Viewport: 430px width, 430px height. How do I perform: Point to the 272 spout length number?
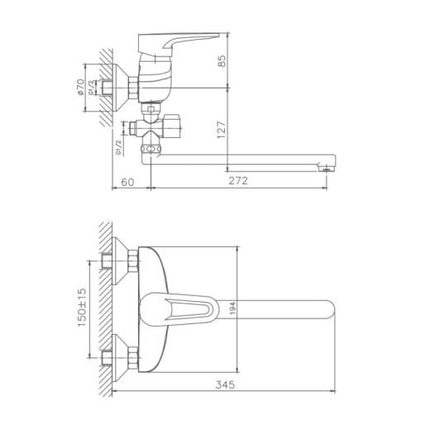(x=236, y=180)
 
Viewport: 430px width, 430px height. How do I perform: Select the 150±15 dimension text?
(x=83, y=307)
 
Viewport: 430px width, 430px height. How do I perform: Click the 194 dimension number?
(x=236, y=308)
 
